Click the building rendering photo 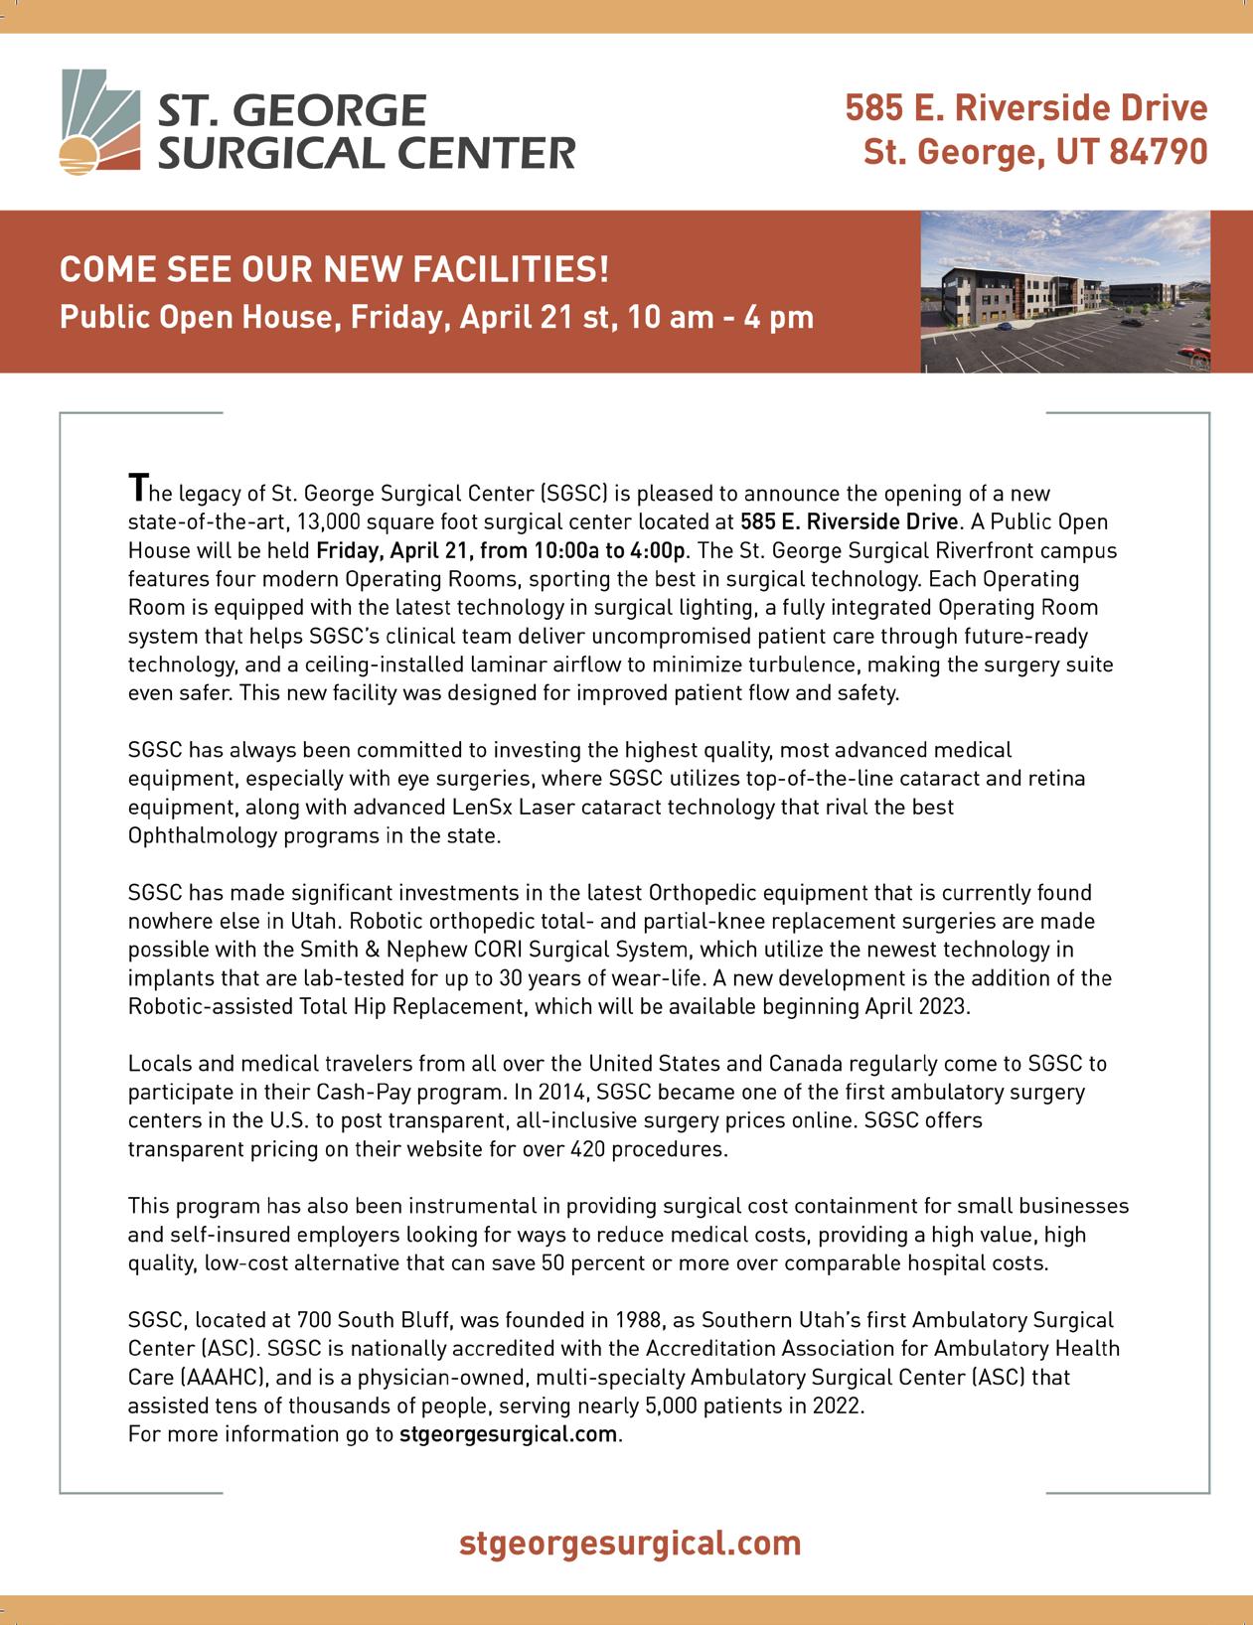[1066, 292]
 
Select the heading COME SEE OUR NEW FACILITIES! [334, 269]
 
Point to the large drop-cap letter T [137, 488]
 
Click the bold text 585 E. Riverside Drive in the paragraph [850, 520]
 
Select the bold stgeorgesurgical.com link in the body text [509, 1434]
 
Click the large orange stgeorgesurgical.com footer [630, 1543]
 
